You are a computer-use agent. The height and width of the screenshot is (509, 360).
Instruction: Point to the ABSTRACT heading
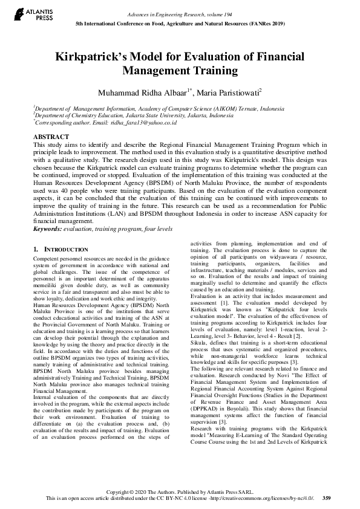(51, 137)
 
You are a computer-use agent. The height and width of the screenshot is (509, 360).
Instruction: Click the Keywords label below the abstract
(48, 229)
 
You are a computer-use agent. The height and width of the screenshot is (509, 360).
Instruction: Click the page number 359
(327, 498)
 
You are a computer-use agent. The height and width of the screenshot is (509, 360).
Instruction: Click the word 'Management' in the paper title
(157, 71)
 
